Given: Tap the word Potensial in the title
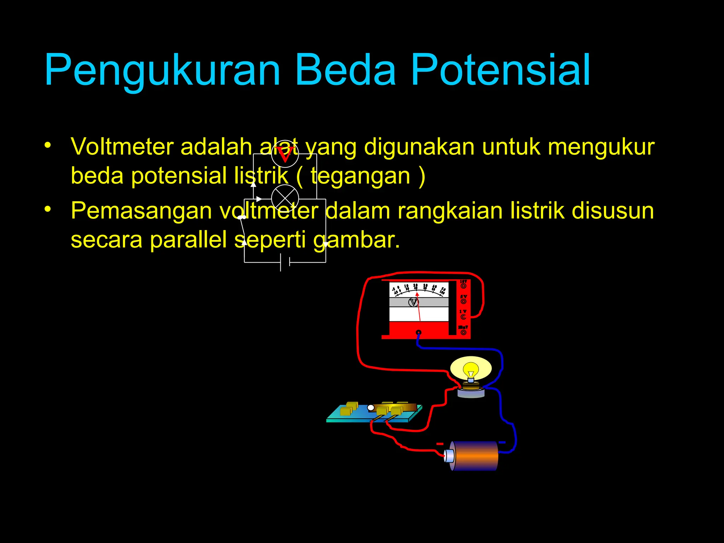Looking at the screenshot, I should (500, 70).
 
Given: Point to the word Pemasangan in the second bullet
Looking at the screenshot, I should (141, 211).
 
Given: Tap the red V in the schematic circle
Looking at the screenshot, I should (285, 154).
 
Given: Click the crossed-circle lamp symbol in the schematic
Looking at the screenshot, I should (285, 198).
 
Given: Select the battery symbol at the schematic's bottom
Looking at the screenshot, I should (285, 262).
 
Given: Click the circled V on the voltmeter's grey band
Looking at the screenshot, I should (413, 302).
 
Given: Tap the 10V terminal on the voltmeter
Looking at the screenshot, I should (463, 286).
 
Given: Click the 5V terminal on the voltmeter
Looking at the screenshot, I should (463, 301).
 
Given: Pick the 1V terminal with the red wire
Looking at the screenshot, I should (463, 317).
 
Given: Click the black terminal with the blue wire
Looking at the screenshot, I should (419, 332).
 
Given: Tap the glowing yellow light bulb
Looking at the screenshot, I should (471, 369).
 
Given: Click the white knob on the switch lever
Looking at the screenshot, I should (370, 408).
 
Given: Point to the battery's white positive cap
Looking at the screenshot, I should (449, 456).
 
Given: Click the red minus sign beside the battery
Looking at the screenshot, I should (439, 444).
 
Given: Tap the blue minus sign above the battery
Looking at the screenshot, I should (502, 442).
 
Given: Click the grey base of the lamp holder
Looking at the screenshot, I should (471, 393).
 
